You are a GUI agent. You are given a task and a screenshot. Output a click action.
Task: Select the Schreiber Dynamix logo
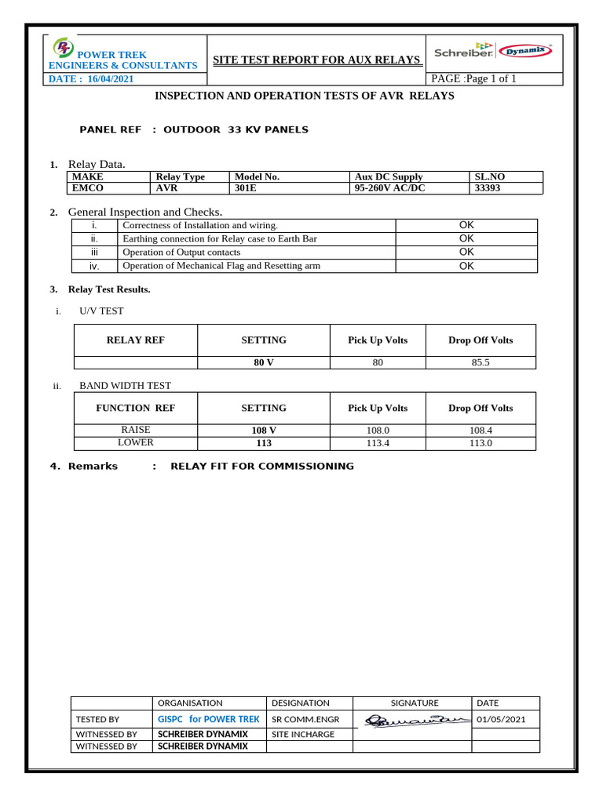(x=494, y=52)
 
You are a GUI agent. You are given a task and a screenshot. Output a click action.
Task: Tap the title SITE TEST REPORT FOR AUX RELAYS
(x=316, y=60)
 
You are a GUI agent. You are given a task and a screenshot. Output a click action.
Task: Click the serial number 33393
(x=491, y=188)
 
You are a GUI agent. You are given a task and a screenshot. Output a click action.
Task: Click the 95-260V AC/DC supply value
(x=389, y=188)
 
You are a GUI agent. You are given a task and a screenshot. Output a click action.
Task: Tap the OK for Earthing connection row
(x=466, y=238)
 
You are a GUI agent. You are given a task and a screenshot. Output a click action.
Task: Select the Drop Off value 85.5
(x=480, y=363)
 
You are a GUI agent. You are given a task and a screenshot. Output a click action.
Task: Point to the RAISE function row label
(x=135, y=431)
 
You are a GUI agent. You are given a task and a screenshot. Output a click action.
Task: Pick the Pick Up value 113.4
(x=378, y=443)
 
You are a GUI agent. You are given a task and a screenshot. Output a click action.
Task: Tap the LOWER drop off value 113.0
(x=480, y=443)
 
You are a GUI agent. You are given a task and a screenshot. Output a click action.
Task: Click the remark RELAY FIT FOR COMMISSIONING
(x=262, y=467)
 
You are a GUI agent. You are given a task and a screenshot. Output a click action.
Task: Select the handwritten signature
(x=411, y=719)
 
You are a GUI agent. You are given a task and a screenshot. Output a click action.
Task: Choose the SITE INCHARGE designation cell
(x=303, y=735)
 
